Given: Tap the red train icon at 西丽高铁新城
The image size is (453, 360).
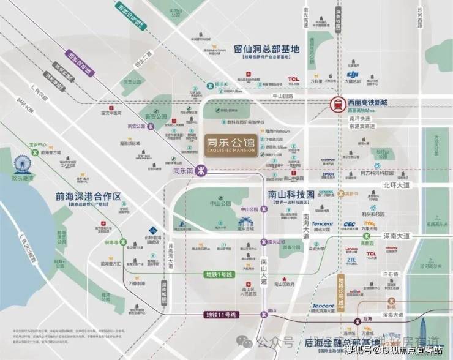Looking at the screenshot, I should coord(337,105).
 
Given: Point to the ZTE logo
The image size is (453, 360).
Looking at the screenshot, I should coord(351,260).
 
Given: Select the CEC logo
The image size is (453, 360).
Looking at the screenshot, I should coord(350,225).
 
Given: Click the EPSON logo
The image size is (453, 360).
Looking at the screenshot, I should coord(328,174).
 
